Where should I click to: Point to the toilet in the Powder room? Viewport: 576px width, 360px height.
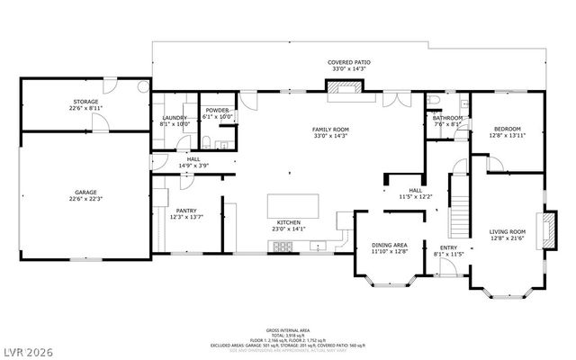click(x=206, y=142)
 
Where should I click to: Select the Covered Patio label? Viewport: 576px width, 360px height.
click(x=348, y=62)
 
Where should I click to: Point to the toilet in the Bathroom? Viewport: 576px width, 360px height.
click(x=433, y=100)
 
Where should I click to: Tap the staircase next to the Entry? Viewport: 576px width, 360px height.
click(x=459, y=212)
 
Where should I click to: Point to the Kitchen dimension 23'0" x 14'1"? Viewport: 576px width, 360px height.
click(x=288, y=229)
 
